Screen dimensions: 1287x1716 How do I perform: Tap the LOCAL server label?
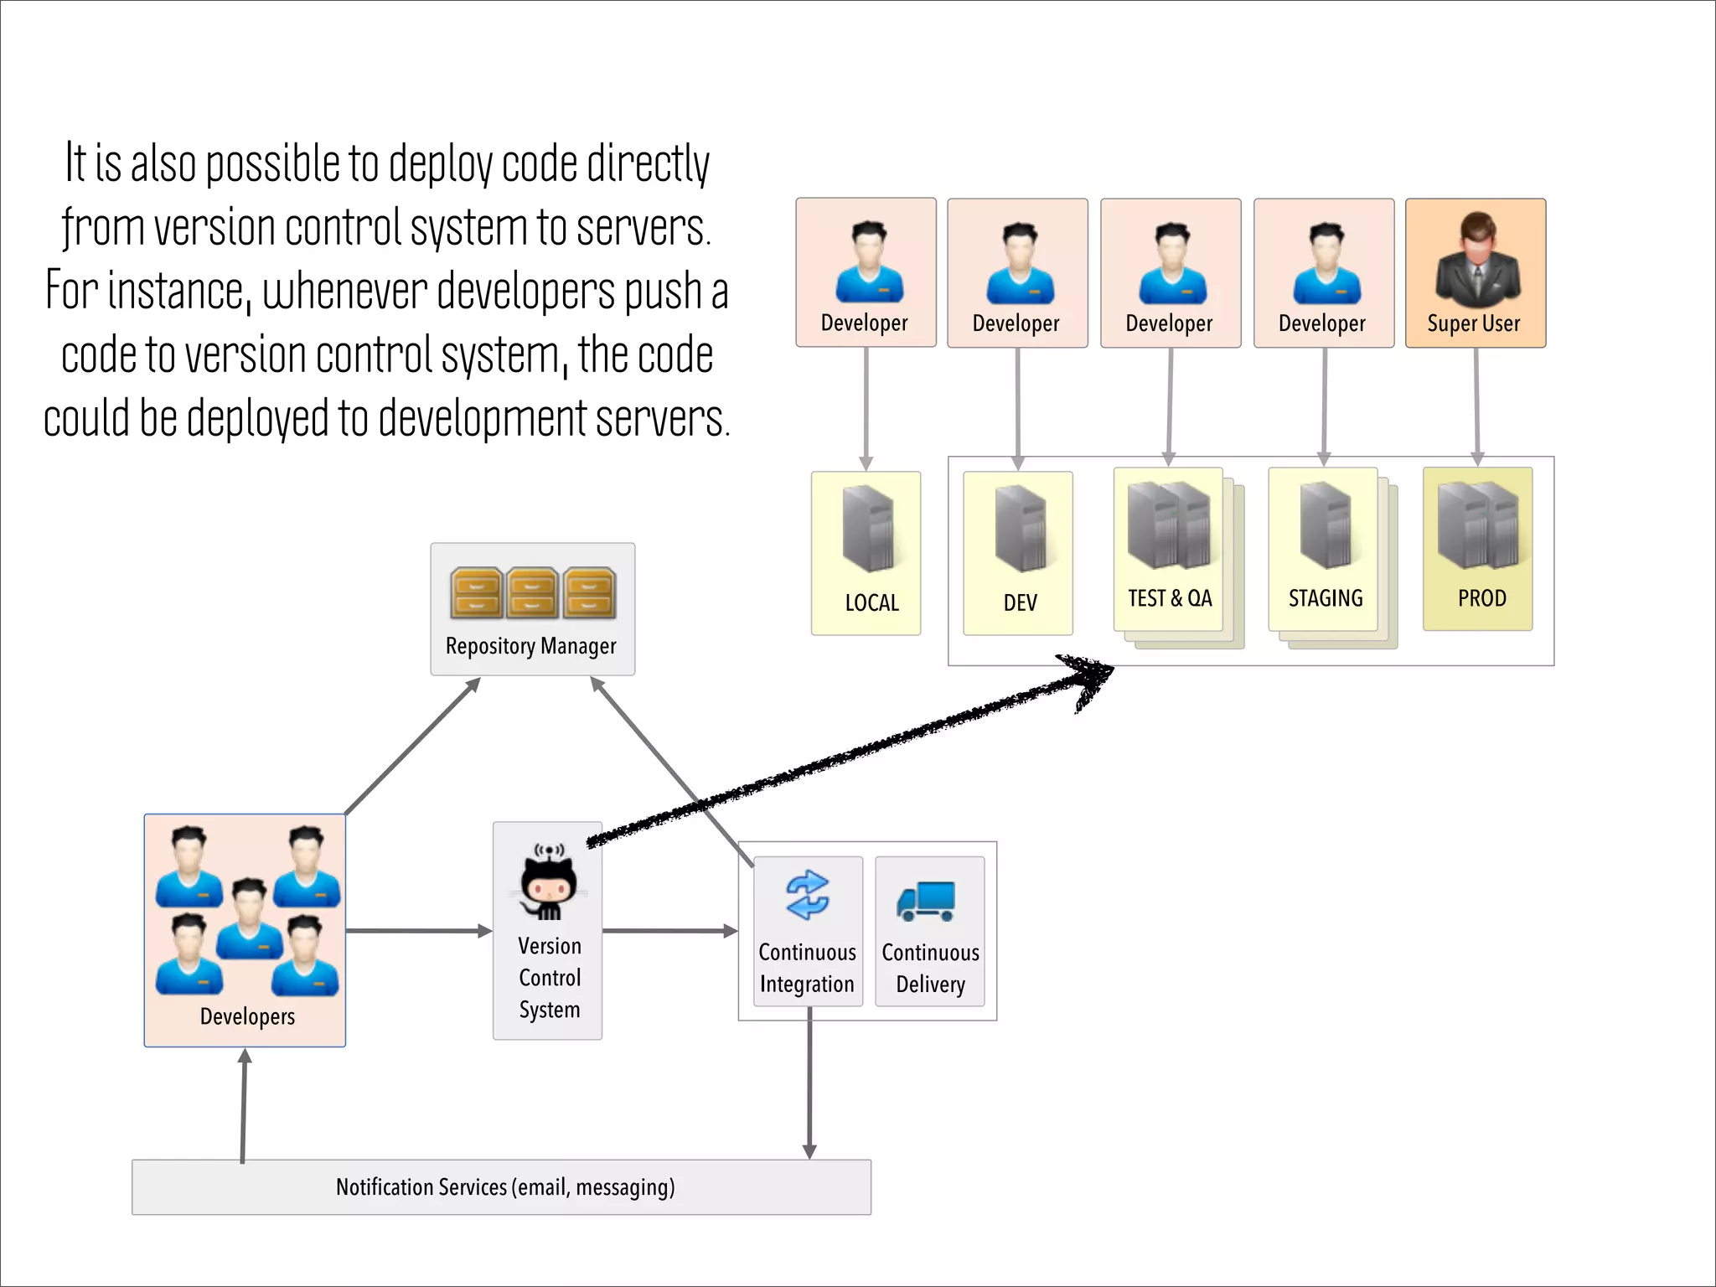click(871, 602)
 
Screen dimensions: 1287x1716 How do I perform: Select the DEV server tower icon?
click(1020, 528)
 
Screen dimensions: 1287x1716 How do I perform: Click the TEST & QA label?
click(1170, 598)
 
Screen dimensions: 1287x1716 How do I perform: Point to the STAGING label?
click(1326, 598)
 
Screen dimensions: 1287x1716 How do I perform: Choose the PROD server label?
click(1481, 598)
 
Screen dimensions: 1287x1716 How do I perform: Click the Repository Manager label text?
click(530, 646)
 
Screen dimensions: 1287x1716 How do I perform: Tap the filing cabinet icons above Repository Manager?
click(533, 592)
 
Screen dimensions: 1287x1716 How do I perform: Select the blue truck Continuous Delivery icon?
click(926, 901)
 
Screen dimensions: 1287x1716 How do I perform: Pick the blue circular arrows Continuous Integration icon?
click(807, 895)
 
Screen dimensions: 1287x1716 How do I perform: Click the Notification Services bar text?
click(505, 1187)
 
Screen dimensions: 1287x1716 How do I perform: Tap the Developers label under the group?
click(247, 1016)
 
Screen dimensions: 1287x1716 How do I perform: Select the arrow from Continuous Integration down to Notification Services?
click(809, 1089)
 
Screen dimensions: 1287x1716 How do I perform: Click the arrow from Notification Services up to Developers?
click(244, 1106)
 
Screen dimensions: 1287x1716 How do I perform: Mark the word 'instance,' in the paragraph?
click(179, 291)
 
